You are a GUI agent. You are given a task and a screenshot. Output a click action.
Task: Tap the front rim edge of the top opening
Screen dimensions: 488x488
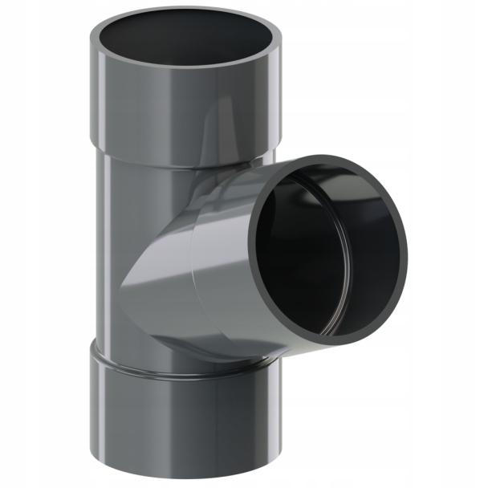click(x=185, y=67)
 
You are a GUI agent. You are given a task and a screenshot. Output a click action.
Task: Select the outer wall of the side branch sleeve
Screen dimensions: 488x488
click(x=225, y=265)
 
